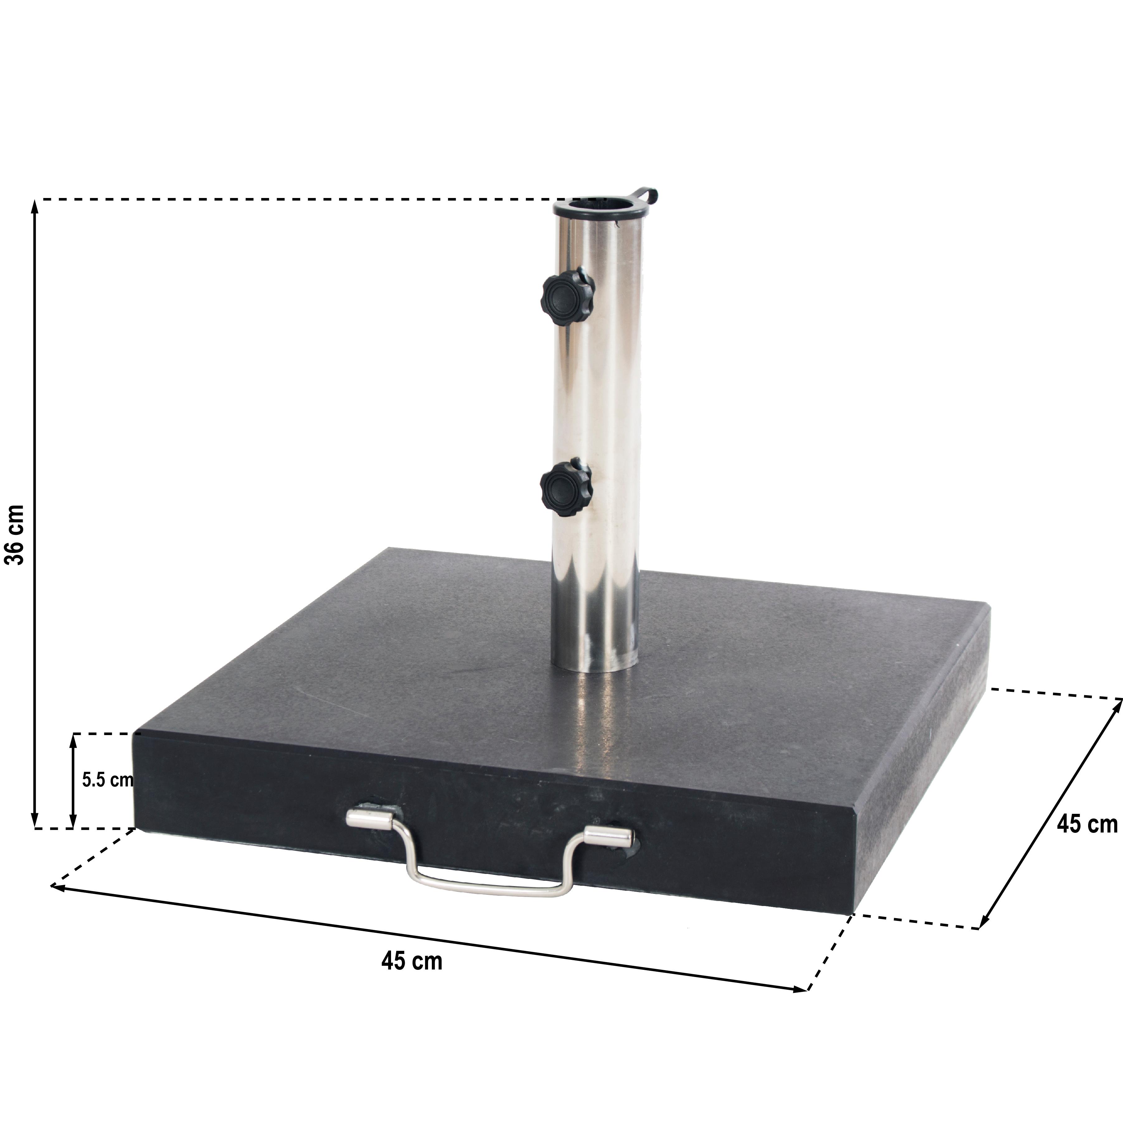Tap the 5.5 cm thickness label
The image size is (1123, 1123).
click(x=107, y=780)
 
